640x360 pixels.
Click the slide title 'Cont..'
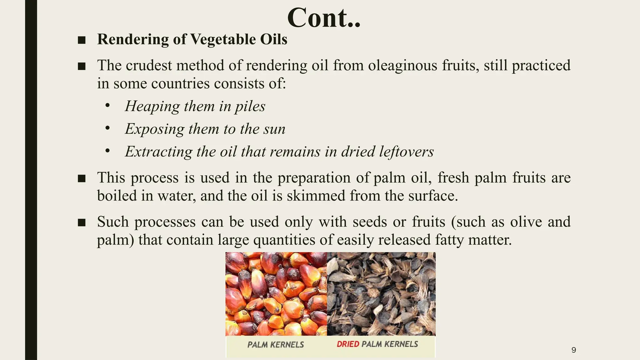point(324,18)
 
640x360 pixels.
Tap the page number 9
point(573,350)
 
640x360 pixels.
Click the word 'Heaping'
point(152,106)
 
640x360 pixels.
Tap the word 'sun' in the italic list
point(275,129)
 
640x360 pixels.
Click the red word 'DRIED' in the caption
point(348,344)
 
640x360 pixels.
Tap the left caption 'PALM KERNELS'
point(276,345)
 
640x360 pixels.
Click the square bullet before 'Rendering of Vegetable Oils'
point(82,40)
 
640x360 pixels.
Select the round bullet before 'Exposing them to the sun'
point(107,128)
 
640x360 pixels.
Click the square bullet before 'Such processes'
point(82,222)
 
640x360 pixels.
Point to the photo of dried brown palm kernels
point(381,294)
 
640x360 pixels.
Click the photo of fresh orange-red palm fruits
point(276,294)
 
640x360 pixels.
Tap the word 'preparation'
point(314,178)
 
